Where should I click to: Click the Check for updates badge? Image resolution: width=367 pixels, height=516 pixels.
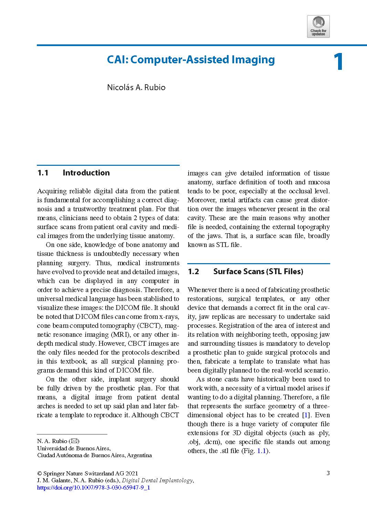pyautogui.click(x=318, y=26)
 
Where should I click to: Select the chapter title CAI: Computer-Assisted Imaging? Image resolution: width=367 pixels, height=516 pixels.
pyautogui.click(x=191, y=60)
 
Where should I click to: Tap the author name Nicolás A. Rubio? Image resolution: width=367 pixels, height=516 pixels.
pyautogui.click(x=136, y=87)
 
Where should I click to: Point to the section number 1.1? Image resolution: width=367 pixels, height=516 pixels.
pyautogui.click(x=43, y=173)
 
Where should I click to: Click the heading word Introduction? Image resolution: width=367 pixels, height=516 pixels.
pyautogui.click(x=86, y=173)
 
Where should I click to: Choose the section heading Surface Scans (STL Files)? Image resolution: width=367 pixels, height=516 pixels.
pyautogui.click(x=258, y=271)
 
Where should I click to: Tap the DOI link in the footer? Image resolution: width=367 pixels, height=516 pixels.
pyautogui.click(x=93, y=487)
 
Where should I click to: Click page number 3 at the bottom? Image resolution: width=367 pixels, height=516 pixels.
pyautogui.click(x=328, y=473)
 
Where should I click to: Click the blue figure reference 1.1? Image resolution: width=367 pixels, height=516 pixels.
pyautogui.click(x=262, y=451)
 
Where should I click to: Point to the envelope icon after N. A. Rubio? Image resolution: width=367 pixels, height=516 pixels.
pyautogui.click(x=74, y=441)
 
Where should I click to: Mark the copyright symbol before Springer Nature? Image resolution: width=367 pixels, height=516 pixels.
pyautogui.click(x=39, y=473)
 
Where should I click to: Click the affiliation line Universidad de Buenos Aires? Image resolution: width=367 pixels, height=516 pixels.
pyautogui.click(x=74, y=448)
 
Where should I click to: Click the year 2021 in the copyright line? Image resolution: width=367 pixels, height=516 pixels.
pyautogui.click(x=131, y=473)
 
